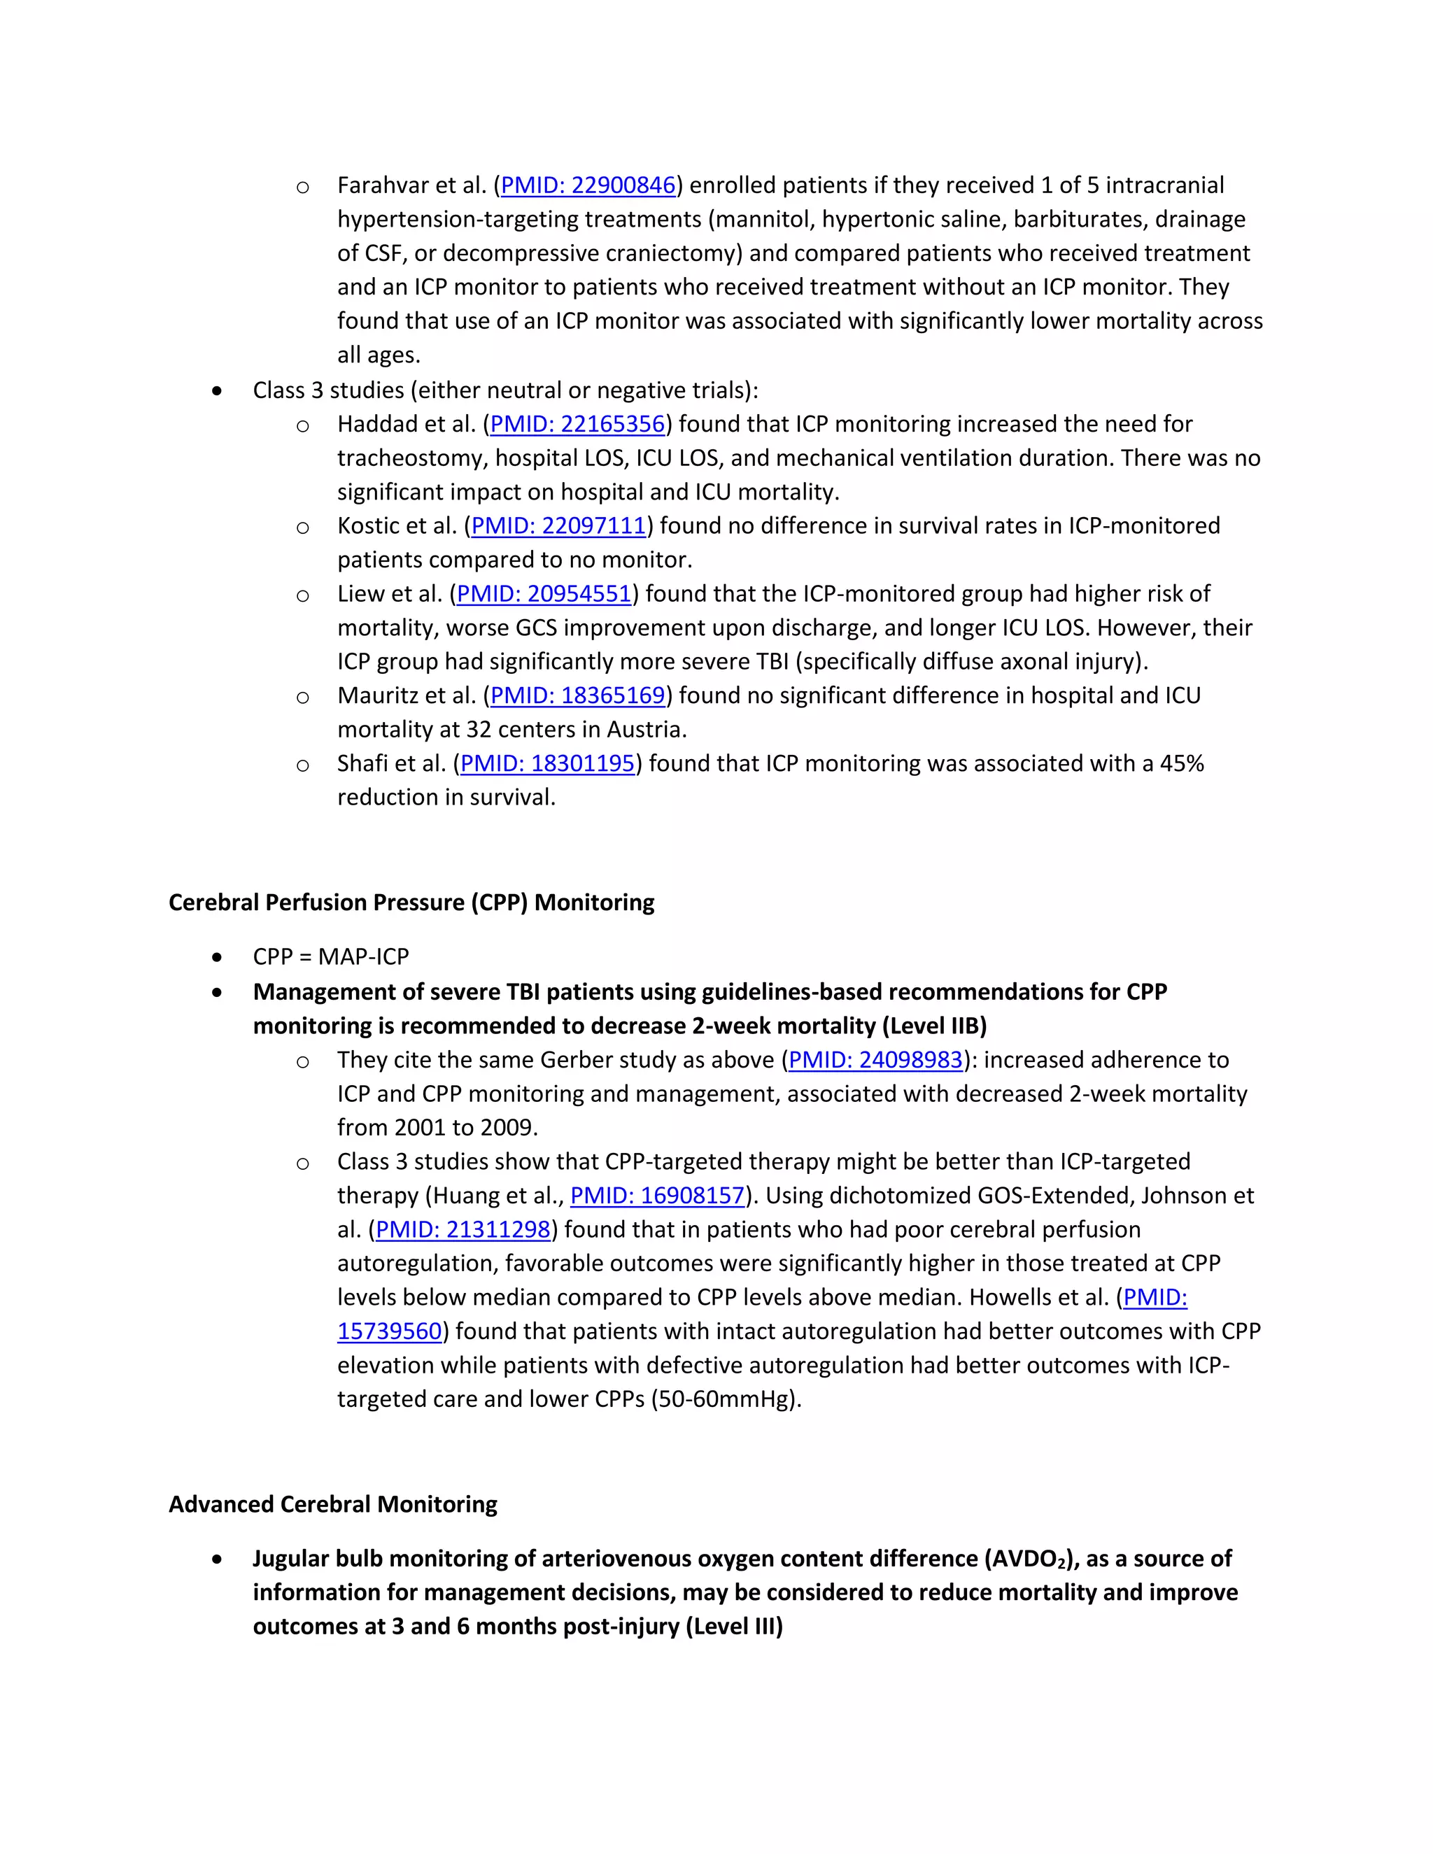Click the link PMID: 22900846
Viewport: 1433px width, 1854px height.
point(588,185)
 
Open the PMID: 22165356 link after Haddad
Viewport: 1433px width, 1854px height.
point(577,423)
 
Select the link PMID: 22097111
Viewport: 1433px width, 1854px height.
point(558,525)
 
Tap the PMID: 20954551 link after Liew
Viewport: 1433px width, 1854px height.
point(544,593)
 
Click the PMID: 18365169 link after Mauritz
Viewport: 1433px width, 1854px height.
point(577,695)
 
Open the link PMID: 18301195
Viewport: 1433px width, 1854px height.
point(548,763)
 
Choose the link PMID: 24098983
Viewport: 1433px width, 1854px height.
point(875,1059)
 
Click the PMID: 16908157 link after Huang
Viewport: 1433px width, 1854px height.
point(657,1195)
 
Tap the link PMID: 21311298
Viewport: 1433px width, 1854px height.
point(463,1229)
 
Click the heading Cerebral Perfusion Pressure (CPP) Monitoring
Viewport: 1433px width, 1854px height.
point(411,903)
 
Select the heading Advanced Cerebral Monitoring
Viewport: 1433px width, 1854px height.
point(333,1504)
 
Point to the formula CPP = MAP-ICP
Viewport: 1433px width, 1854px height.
point(330,956)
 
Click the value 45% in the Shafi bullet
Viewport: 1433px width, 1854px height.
point(1182,763)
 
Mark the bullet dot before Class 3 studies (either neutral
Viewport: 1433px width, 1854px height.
point(218,390)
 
